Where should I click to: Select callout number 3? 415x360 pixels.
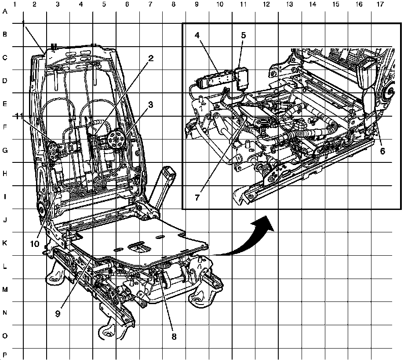click(150, 105)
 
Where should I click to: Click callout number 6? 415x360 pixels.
click(382, 151)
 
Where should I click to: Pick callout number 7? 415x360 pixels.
click(197, 197)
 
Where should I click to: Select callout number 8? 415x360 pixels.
click(174, 336)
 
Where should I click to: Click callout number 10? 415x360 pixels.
click(35, 243)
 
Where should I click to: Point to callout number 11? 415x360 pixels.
click(18, 116)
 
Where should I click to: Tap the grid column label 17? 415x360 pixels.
click(380, 4)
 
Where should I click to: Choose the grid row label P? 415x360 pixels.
click(5, 355)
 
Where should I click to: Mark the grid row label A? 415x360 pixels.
click(5, 12)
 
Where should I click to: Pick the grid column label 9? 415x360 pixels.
click(196, 4)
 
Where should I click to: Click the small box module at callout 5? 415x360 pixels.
click(242, 76)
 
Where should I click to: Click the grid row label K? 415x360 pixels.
click(5, 243)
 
